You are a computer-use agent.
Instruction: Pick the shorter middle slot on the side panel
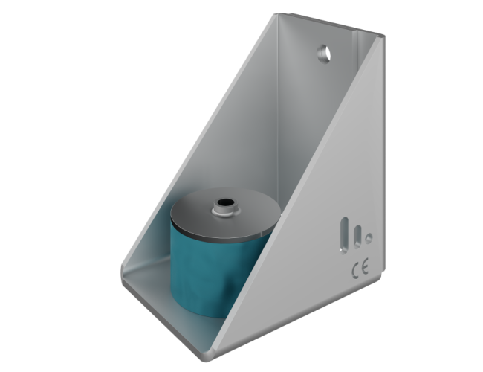tap(357, 238)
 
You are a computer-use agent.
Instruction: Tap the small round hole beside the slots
tap(369, 239)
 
